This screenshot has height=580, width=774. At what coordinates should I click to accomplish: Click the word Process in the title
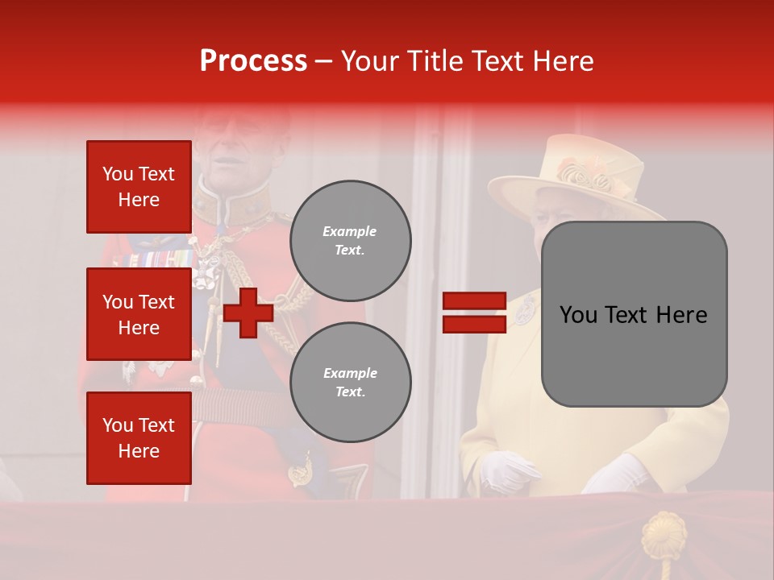(253, 61)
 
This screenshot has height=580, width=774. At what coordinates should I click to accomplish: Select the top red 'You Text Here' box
(139, 187)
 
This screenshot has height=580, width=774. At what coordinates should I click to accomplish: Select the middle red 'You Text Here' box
(139, 314)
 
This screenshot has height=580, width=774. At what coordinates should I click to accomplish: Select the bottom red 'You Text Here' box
(139, 437)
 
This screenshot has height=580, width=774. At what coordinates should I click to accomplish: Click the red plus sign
(248, 313)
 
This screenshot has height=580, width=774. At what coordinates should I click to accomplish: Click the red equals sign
(474, 313)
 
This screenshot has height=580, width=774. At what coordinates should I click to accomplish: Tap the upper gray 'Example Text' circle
(350, 241)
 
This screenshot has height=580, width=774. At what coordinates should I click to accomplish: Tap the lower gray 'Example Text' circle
(350, 382)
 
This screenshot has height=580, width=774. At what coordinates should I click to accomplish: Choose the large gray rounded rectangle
(634, 314)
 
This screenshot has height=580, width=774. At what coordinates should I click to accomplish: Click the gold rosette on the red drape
(663, 533)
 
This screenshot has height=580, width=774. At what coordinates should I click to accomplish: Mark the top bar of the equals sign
(474, 301)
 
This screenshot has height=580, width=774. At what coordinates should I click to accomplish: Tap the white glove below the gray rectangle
(617, 475)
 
